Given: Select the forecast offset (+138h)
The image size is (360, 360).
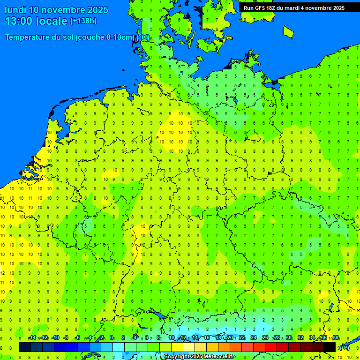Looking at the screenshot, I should pyautogui.click(x=83, y=21).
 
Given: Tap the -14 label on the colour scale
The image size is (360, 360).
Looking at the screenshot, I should pyautogui.click(x=32, y=338).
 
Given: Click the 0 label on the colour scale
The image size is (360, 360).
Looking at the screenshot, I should pyautogui.click(x=112, y=338).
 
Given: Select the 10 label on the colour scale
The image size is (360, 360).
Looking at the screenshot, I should pyautogui.click(x=172, y=338).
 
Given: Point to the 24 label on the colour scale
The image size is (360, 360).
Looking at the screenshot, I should pyautogui.click(x=254, y=338).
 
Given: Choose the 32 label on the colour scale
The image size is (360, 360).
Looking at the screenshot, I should pyautogui.click(x=300, y=338).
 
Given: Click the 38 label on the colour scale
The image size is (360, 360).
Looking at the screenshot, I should pyautogui.click(x=336, y=338).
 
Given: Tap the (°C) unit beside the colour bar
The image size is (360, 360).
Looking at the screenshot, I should pyautogui.click(x=345, y=348).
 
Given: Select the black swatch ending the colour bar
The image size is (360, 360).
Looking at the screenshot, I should pyautogui.click(x=330, y=347).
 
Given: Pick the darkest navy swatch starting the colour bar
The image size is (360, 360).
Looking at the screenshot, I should pyautogui.click(x=25, y=347).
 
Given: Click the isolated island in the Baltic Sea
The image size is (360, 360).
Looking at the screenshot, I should pyautogui.click(x=288, y=31).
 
